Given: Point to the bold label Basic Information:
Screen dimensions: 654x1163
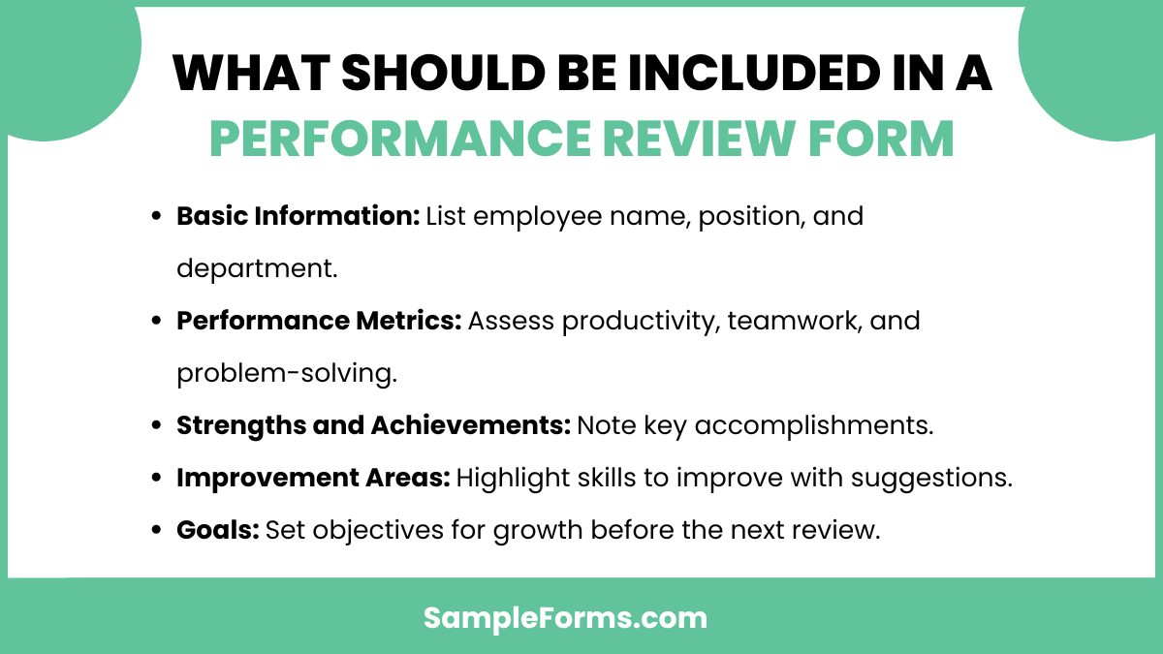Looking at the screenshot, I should (298, 216).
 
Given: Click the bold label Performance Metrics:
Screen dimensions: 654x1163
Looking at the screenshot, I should (319, 321).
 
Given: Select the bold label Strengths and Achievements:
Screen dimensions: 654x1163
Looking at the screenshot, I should (373, 425).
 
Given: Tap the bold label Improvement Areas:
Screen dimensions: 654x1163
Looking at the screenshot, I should (312, 478).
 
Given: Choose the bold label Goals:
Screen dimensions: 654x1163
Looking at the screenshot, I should (217, 530).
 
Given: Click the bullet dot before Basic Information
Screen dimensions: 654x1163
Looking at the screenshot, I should (156, 217).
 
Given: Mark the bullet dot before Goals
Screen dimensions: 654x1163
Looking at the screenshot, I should (156, 531).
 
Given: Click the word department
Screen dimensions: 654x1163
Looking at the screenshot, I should (256, 268).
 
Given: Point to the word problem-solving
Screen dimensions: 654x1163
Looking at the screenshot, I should (287, 373).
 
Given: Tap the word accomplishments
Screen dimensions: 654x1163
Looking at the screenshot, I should (825, 425).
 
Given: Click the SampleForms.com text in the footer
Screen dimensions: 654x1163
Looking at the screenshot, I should (565, 617).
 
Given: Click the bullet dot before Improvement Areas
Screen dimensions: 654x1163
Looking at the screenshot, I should (156, 479).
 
